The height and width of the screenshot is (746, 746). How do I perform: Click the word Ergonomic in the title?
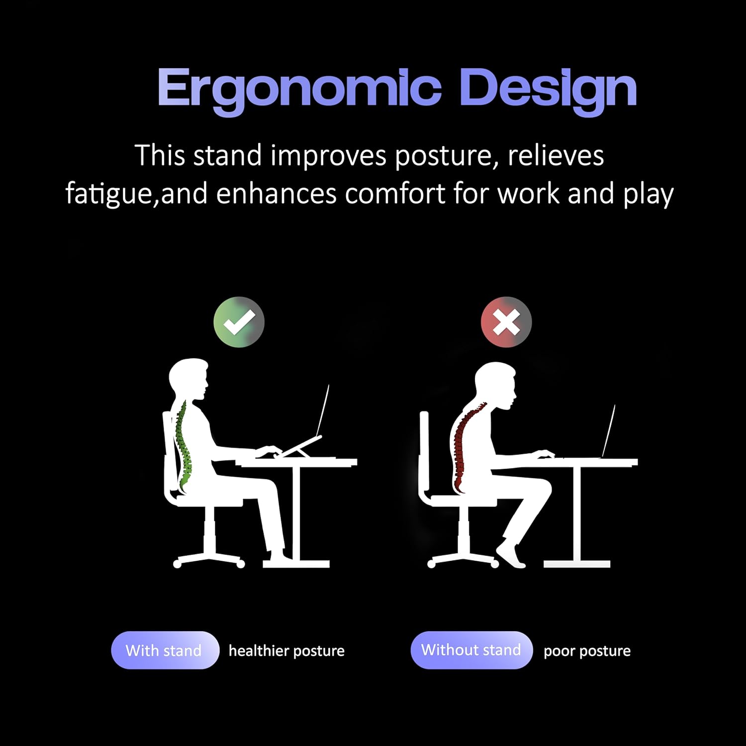299,89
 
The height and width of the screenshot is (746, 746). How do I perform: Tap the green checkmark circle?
239,322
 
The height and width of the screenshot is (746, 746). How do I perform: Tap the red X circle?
506,322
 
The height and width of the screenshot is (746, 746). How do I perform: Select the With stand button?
165,650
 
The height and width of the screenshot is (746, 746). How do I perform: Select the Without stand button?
471,650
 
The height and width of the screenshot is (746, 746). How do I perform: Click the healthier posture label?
286,651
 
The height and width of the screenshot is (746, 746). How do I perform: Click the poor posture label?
587,651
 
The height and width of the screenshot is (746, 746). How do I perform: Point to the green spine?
183,443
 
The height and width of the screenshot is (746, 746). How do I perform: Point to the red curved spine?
460,448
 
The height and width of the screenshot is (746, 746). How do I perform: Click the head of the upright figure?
188,378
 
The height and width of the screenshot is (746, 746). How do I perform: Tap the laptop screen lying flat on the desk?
609,430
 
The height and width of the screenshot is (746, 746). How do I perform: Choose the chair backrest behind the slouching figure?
424,453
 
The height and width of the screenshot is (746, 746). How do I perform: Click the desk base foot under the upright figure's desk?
296,563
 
